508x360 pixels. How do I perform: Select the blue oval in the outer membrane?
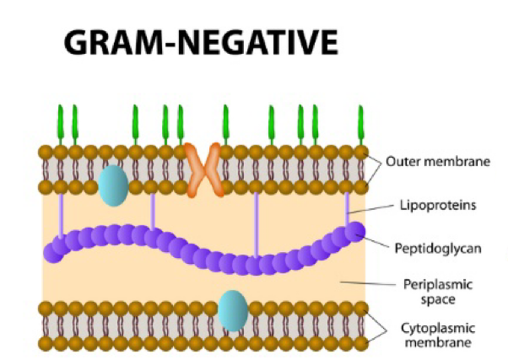[x=112, y=185]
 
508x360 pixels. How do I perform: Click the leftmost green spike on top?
[x=61, y=123]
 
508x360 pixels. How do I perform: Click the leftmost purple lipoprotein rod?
[x=61, y=218]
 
